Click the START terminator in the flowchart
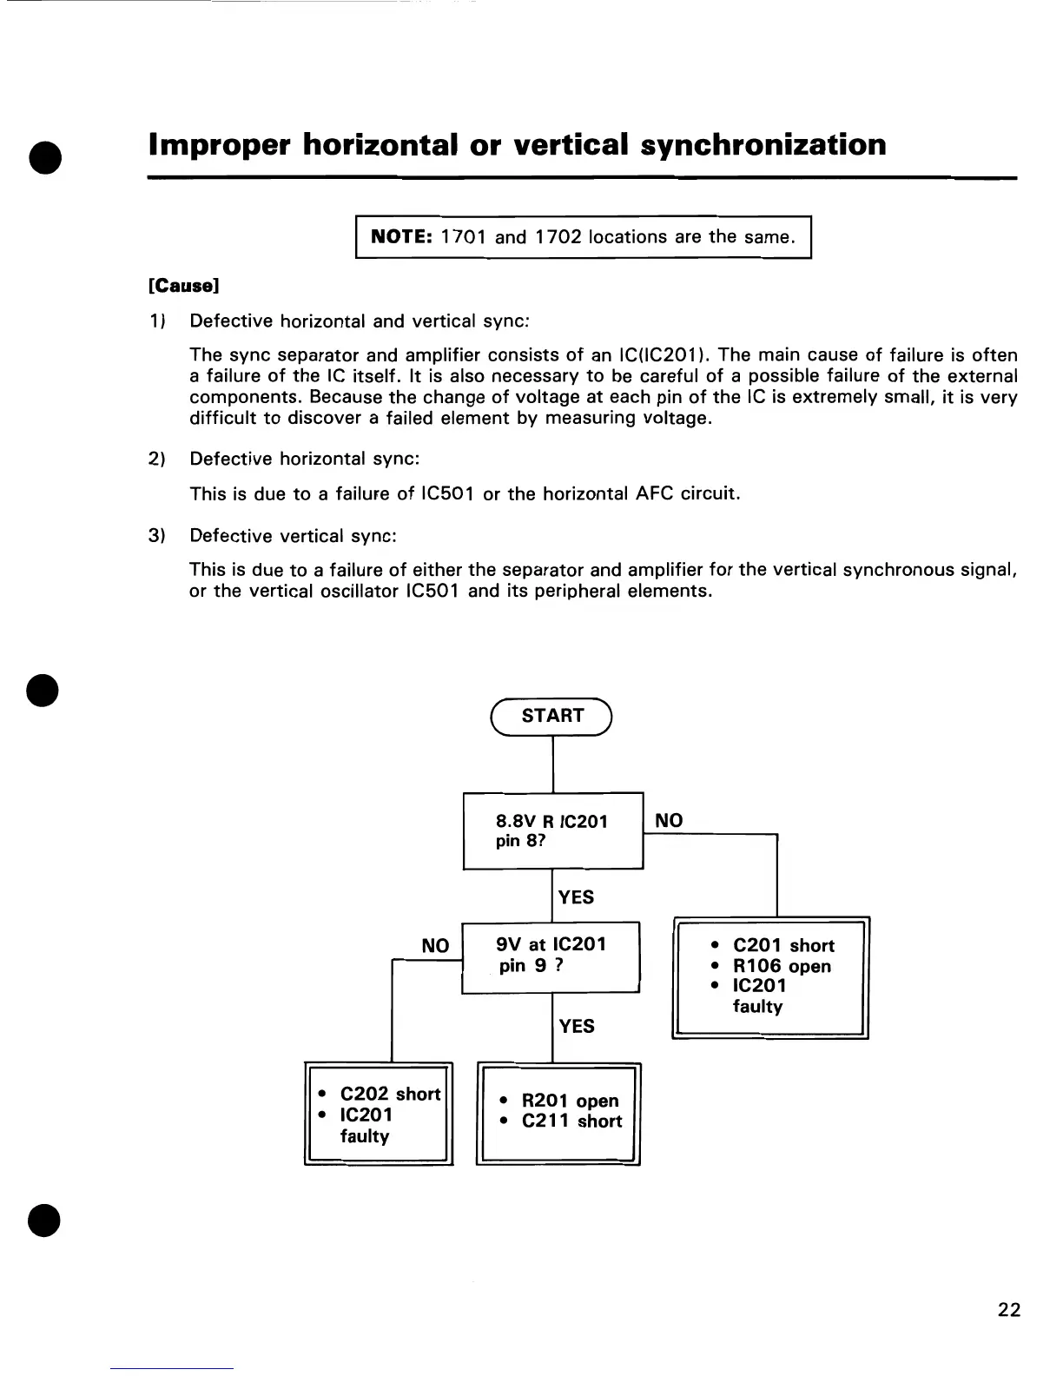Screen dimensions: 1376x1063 coord(552,716)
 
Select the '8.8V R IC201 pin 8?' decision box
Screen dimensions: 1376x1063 coord(553,830)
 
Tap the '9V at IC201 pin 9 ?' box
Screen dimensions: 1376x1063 coord(551,956)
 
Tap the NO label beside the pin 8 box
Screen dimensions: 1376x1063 coord(669,820)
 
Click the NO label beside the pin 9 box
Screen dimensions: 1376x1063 coord(435,945)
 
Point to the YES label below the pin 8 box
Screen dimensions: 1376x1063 coord(577,896)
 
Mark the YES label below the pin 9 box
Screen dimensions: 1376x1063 coord(577,1026)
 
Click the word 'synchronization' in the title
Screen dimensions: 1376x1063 coord(763,144)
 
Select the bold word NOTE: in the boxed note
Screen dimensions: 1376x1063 coord(401,236)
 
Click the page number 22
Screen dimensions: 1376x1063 coord(1009,1310)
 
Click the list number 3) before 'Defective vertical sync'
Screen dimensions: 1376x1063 coord(156,535)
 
